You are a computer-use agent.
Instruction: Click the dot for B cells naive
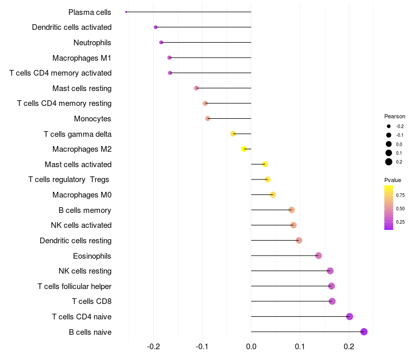364,332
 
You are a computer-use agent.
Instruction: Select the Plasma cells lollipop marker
126,12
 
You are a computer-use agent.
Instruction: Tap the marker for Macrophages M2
244,149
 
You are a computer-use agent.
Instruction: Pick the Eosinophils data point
319,256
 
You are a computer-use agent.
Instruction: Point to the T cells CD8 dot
332,301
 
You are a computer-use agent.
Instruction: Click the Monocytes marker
208,119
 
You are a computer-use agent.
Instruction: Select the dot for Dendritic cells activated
156,27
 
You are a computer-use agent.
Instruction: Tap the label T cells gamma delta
78,134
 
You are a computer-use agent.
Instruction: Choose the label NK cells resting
85,271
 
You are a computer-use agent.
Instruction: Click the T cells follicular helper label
74,286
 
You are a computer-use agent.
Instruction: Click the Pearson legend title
395,116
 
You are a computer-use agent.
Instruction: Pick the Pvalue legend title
393,180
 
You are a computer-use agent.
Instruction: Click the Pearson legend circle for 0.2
389,162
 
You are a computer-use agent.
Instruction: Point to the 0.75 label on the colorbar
400,195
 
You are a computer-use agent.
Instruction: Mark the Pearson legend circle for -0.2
389,127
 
